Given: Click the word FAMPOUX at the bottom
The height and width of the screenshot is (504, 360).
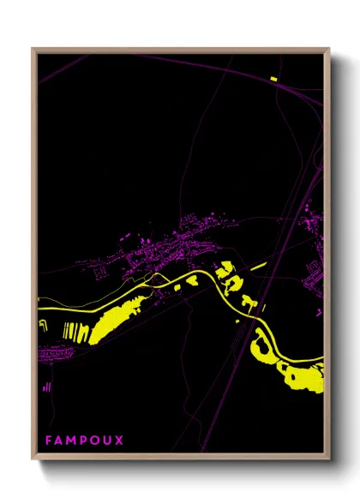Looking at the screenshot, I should coord(84,440).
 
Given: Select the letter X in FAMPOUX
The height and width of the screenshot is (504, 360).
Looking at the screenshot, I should coord(119,440).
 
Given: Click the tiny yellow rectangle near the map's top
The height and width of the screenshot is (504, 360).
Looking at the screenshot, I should coord(273,79).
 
